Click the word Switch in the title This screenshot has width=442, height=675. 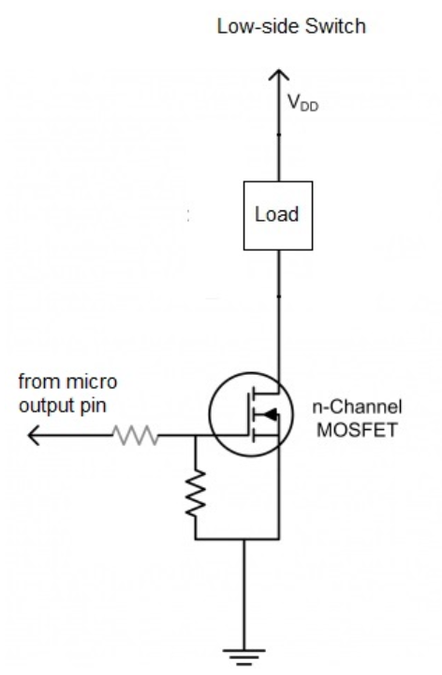[x=335, y=27]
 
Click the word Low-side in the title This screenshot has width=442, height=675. [x=258, y=27]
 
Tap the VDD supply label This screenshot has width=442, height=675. [x=302, y=104]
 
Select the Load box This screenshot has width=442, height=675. [x=278, y=216]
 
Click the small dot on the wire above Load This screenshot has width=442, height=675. [x=278, y=135]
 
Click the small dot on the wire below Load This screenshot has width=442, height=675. [x=278, y=296]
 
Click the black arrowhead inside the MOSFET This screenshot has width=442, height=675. [x=271, y=414]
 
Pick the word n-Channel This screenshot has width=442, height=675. [x=357, y=407]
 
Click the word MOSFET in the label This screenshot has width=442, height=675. [x=357, y=430]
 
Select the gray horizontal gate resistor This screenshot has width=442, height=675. [x=136, y=436]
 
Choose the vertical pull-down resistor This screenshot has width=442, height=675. [x=196, y=494]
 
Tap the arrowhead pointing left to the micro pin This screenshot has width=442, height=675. [x=34, y=436]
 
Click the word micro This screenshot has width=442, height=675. [x=92, y=381]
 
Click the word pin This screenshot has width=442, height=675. [x=93, y=406]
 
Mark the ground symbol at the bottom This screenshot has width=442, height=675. [x=244, y=656]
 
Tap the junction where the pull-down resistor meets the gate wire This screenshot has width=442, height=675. [x=196, y=436]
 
